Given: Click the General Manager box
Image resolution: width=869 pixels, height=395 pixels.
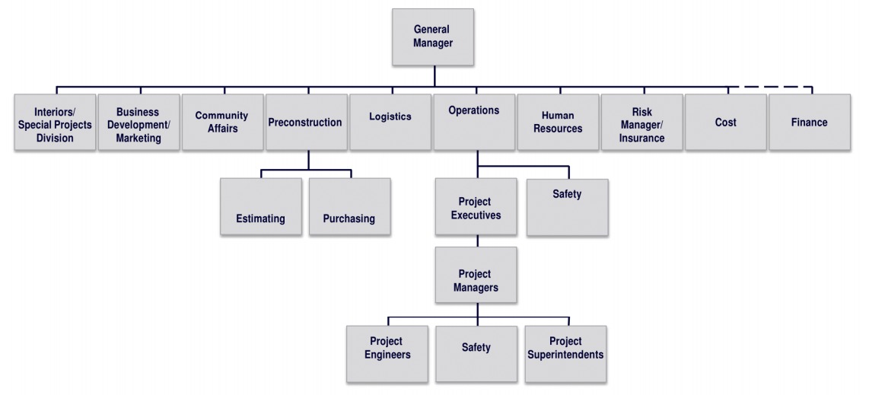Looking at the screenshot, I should pos(433,37).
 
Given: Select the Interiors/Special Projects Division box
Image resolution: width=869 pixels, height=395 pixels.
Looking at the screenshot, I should pos(55,122).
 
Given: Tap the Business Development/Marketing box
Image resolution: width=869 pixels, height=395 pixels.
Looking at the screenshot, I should pos(138,122).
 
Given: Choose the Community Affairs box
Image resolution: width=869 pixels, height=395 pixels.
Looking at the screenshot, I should pos(221,122).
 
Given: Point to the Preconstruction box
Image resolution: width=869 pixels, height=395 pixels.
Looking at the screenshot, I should pos(305,122).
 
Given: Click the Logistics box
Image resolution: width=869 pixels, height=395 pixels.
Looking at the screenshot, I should pos(390,122).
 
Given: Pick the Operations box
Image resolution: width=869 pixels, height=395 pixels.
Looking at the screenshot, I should pos(473,122).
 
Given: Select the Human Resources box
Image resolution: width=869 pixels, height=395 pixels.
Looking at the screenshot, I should pos(558,122).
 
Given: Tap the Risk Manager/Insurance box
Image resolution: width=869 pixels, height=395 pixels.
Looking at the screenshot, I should pos(641,122).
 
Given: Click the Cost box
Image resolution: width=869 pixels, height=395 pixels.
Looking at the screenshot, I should pos(725,122).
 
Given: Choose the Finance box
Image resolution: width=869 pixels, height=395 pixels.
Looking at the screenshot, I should pos(809,122).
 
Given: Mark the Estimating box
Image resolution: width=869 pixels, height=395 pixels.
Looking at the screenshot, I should pos(260,206).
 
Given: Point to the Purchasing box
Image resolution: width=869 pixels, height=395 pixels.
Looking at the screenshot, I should pos(349,206).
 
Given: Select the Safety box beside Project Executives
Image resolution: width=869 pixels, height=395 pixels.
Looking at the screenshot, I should pos(568,207).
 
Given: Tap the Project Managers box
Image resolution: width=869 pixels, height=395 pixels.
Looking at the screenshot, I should pos(476,275).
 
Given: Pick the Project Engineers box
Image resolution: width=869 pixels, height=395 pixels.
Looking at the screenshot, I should pos(387,354).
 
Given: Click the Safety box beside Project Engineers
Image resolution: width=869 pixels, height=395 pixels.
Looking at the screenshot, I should pos(476,354).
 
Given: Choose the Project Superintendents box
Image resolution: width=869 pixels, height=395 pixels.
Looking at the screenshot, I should pos(565,354).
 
